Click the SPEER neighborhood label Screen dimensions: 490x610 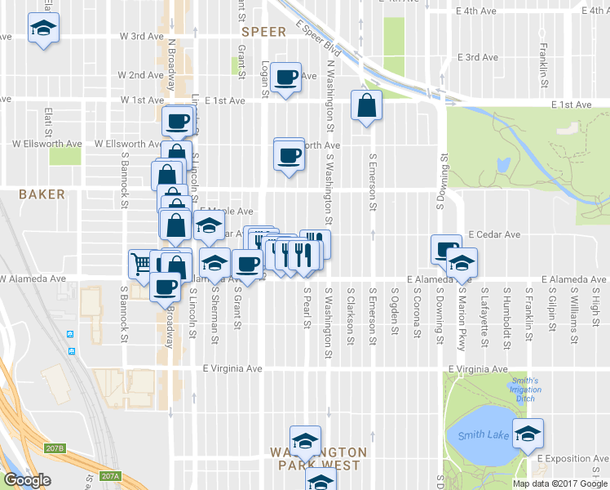[263, 32]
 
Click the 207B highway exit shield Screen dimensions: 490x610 [55, 448]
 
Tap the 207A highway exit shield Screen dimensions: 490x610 [110, 476]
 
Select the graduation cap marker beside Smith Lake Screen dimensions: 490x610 [527, 433]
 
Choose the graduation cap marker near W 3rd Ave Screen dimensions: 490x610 [41, 29]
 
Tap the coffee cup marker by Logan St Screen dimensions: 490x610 [285, 78]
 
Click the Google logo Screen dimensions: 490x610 [27, 480]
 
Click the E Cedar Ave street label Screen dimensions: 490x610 [494, 234]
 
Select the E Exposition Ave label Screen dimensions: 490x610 [572, 459]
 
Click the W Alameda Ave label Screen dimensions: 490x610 [33, 278]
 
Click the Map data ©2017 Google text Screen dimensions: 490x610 [559, 483]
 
